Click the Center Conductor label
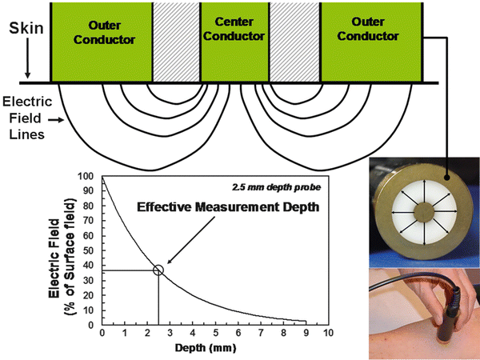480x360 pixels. pyautogui.click(x=234, y=29)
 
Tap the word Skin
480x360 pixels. pyautogui.click(x=26, y=28)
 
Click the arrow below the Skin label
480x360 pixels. pyautogui.click(x=27, y=58)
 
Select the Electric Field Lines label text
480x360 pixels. pyautogui.click(x=27, y=118)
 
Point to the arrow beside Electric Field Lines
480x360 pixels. pyautogui.click(x=56, y=120)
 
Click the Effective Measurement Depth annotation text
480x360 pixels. pyautogui.click(x=228, y=207)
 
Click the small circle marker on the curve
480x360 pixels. pyautogui.click(x=158, y=270)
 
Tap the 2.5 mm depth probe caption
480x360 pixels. pyautogui.click(x=277, y=187)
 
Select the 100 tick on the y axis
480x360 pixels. pyautogui.click(x=86, y=176)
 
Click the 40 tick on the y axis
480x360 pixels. pyautogui.click(x=88, y=266)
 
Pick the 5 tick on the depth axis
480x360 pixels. pyautogui.click(x=215, y=333)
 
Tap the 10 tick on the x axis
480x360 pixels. pyautogui.click(x=328, y=333)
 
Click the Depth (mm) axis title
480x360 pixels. pyautogui.click(x=206, y=348)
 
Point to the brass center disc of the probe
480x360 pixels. pyautogui.click(x=424, y=211)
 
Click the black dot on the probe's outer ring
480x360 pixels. pyautogui.click(x=446, y=178)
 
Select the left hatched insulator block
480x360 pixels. pyautogui.click(x=176, y=42)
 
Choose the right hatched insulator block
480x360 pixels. pyautogui.click(x=294, y=42)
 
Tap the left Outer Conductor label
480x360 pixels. pyautogui.click(x=104, y=33)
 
